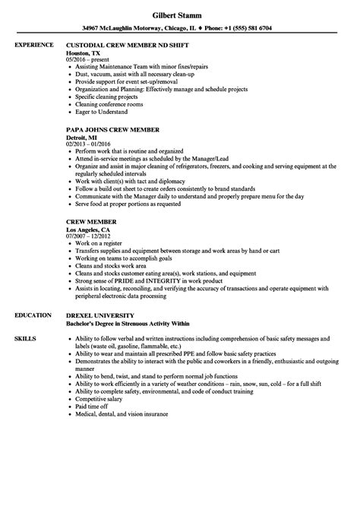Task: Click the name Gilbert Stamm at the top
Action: click(x=179, y=13)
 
